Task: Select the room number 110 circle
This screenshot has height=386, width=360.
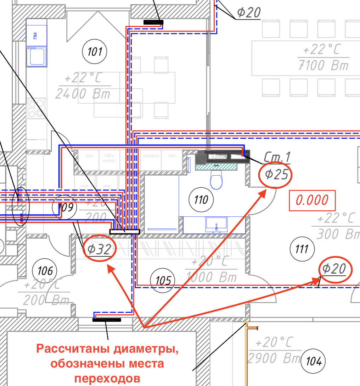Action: coord(201,200)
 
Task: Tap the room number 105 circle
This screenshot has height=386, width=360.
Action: coord(163,281)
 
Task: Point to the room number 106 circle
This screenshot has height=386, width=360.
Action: coord(44,271)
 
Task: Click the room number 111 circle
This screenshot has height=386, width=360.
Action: coord(302,249)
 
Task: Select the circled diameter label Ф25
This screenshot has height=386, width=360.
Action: coord(275,175)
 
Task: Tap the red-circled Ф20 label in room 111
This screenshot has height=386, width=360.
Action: coord(335,269)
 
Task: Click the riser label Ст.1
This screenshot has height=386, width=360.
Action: coord(277,157)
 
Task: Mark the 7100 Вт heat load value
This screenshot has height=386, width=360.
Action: coord(323,66)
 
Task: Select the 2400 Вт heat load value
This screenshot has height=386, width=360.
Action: coord(83,94)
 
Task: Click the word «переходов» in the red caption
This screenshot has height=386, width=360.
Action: coord(107,378)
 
